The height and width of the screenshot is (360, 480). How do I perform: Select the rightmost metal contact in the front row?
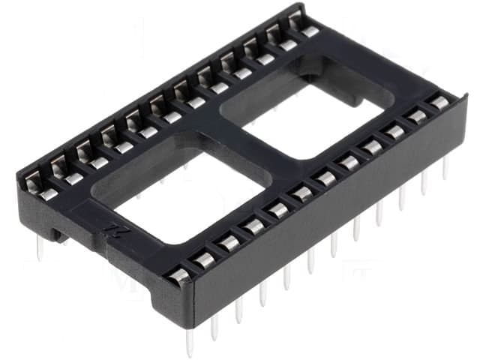[x=439, y=101]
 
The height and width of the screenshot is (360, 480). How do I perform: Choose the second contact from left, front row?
[x=204, y=259]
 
